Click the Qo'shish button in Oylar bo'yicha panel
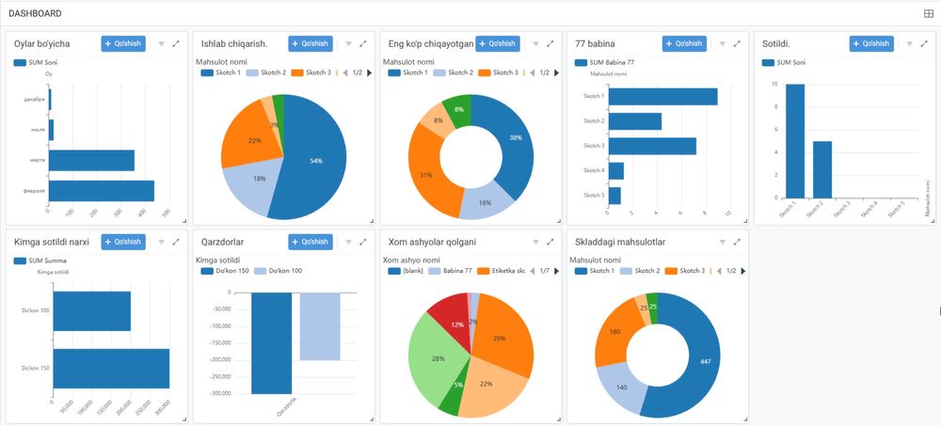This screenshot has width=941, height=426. click(123, 43)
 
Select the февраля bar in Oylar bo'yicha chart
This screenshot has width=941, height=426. click(102, 191)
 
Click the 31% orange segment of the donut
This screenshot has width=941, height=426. click(424, 174)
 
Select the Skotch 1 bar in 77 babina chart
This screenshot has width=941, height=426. click(662, 97)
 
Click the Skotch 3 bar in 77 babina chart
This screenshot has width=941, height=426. click(652, 146)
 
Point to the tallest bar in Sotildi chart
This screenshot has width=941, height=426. click(795, 141)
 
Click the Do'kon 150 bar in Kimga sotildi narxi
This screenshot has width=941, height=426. click(109, 368)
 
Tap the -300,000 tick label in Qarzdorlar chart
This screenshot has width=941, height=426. click(217, 394)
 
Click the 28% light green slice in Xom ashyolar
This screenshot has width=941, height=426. click(436, 357)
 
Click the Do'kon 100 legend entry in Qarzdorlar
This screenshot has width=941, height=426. click(282, 271)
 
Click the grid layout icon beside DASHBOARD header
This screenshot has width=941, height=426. click(929, 13)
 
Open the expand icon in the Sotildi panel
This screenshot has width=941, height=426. click(924, 43)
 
